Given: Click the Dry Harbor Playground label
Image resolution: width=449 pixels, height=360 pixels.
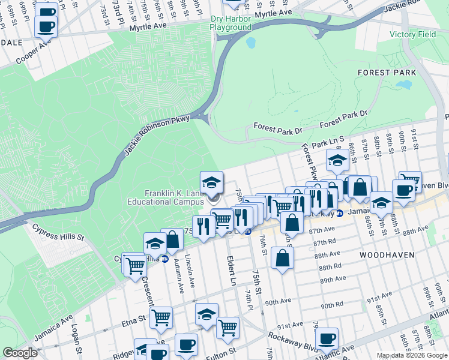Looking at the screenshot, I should click(231, 23).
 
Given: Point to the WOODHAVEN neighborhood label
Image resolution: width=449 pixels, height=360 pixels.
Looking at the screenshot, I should click(387, 255).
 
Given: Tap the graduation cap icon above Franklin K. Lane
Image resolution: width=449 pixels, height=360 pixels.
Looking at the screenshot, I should click(211, 182).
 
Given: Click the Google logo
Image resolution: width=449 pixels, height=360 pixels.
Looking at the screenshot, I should click(20, 353).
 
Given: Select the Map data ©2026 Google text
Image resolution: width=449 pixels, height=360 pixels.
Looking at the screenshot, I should click(412, 355).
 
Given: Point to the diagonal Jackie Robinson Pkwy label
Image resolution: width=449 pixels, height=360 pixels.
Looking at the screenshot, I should click(157, 136).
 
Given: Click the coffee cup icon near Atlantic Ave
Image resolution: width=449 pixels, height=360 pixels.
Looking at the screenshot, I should click(327, 338).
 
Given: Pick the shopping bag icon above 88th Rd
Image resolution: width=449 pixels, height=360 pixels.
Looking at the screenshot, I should click(282, 258).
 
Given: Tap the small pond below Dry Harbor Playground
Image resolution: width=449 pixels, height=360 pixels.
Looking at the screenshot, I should click(250, 43).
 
